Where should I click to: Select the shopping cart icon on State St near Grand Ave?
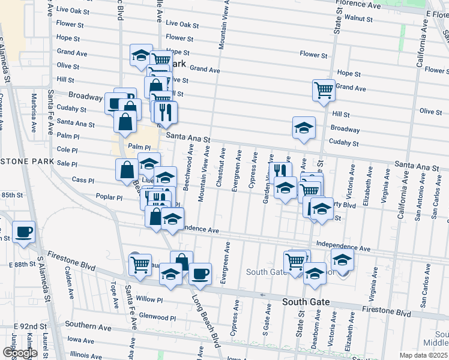[x=323, y=91]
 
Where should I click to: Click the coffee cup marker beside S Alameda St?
[x=24, y=232]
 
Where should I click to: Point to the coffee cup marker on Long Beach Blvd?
[x=200, y=274]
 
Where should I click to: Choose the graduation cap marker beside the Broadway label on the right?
[x=304, y=127]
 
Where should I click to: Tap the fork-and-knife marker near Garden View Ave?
[x=279, y=170]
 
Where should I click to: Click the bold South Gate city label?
[x=306, y=301]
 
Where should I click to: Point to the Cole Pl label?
[x=67, y=150]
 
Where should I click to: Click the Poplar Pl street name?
[x=109, y=197]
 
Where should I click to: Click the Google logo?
[x=19, y=353]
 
